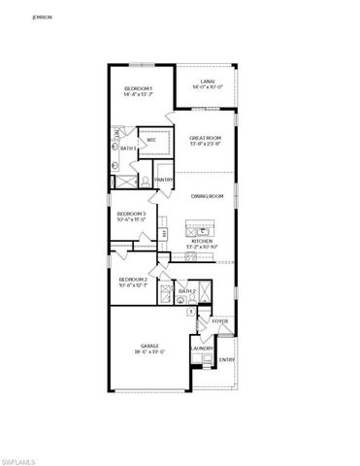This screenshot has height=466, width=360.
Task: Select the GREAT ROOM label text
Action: pos(206,138)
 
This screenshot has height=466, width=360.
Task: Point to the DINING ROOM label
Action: pos(207,197)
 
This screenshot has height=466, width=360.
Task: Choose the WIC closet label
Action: pos(151,141)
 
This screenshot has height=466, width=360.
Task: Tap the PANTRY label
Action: pos(164,180)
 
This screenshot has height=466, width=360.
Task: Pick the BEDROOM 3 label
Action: pos(131,214)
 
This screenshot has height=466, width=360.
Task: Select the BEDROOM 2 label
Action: pos(131,279)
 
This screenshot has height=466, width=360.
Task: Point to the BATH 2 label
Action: pos(187,291)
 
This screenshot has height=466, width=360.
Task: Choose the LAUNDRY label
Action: pos(202,348)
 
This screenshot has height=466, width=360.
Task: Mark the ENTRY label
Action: pos(227,360)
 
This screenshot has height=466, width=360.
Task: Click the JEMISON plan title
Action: pos(42,17)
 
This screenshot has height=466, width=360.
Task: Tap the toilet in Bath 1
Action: pos(143,180)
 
